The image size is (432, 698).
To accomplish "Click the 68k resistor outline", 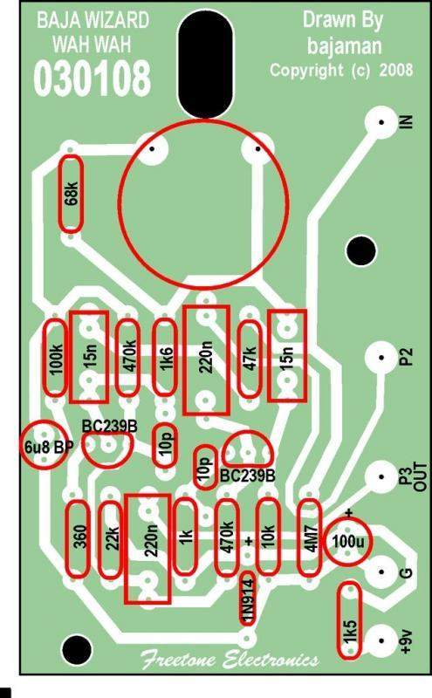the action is [72, 194].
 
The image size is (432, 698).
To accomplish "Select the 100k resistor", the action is [55, 358].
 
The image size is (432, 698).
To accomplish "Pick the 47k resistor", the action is [250, 359].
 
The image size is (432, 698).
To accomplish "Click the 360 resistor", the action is [78, 539].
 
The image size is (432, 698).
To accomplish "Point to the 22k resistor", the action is [110, 539].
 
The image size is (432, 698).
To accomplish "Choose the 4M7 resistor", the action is [310, 537].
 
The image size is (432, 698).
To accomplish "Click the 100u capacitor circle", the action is [347, 542].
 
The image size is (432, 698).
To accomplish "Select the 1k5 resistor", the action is [350, 620].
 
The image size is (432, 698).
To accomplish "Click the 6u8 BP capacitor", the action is [45, 445].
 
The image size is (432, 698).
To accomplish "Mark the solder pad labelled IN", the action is [381, 122].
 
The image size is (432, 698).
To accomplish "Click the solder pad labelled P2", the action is [381, 357].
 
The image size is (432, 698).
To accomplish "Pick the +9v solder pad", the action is [381, 640].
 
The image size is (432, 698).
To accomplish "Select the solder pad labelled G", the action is [381, 572].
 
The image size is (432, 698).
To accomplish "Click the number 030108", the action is [93, 79].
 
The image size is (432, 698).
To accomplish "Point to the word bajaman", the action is [345, 46].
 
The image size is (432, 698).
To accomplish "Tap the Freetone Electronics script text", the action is [230, 660].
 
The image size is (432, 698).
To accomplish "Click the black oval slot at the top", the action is [206, 62].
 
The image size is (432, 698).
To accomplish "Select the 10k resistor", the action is [268, 537].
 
